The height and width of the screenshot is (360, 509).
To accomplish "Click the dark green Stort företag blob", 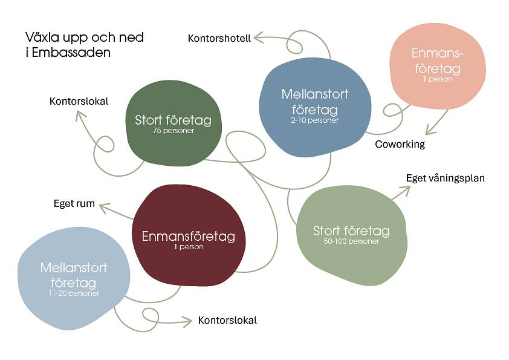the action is coord(173,123).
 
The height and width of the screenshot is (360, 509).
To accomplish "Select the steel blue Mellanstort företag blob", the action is coord(315,107).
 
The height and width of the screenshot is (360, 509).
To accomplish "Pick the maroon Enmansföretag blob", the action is coord(188,235).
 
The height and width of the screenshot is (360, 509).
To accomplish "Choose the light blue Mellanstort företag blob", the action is coord(74,278).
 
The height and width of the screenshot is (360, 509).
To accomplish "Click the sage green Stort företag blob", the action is coord(352,235).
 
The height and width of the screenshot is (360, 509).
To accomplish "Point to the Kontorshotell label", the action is coord(219,38).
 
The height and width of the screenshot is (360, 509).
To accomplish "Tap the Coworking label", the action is coord(400,144).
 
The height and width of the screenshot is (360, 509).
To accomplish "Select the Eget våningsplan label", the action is coord(446,178).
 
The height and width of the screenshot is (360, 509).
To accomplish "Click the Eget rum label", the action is coord(74,203).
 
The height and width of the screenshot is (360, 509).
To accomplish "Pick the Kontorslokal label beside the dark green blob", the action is coord(79,101).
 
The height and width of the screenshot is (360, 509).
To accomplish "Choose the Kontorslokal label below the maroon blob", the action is coord(227,320).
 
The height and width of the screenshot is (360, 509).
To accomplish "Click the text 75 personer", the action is coord(173,131).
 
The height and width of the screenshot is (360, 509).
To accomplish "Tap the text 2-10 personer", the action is coord(314,120).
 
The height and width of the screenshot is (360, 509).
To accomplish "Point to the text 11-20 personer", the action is coord(74,293).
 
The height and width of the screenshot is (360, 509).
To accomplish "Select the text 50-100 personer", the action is coord(351,241).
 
